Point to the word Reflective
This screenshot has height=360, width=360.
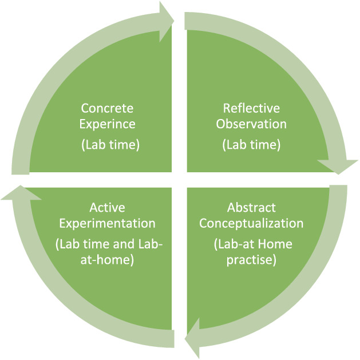click(251, 108)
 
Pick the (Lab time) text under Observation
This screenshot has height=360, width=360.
click(251, 145)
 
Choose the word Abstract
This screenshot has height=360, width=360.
click(251, 207)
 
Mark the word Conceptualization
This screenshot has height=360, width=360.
click(251, 223)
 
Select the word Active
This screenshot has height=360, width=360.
click(107, 207)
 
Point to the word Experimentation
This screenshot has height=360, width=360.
click(107, 223)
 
